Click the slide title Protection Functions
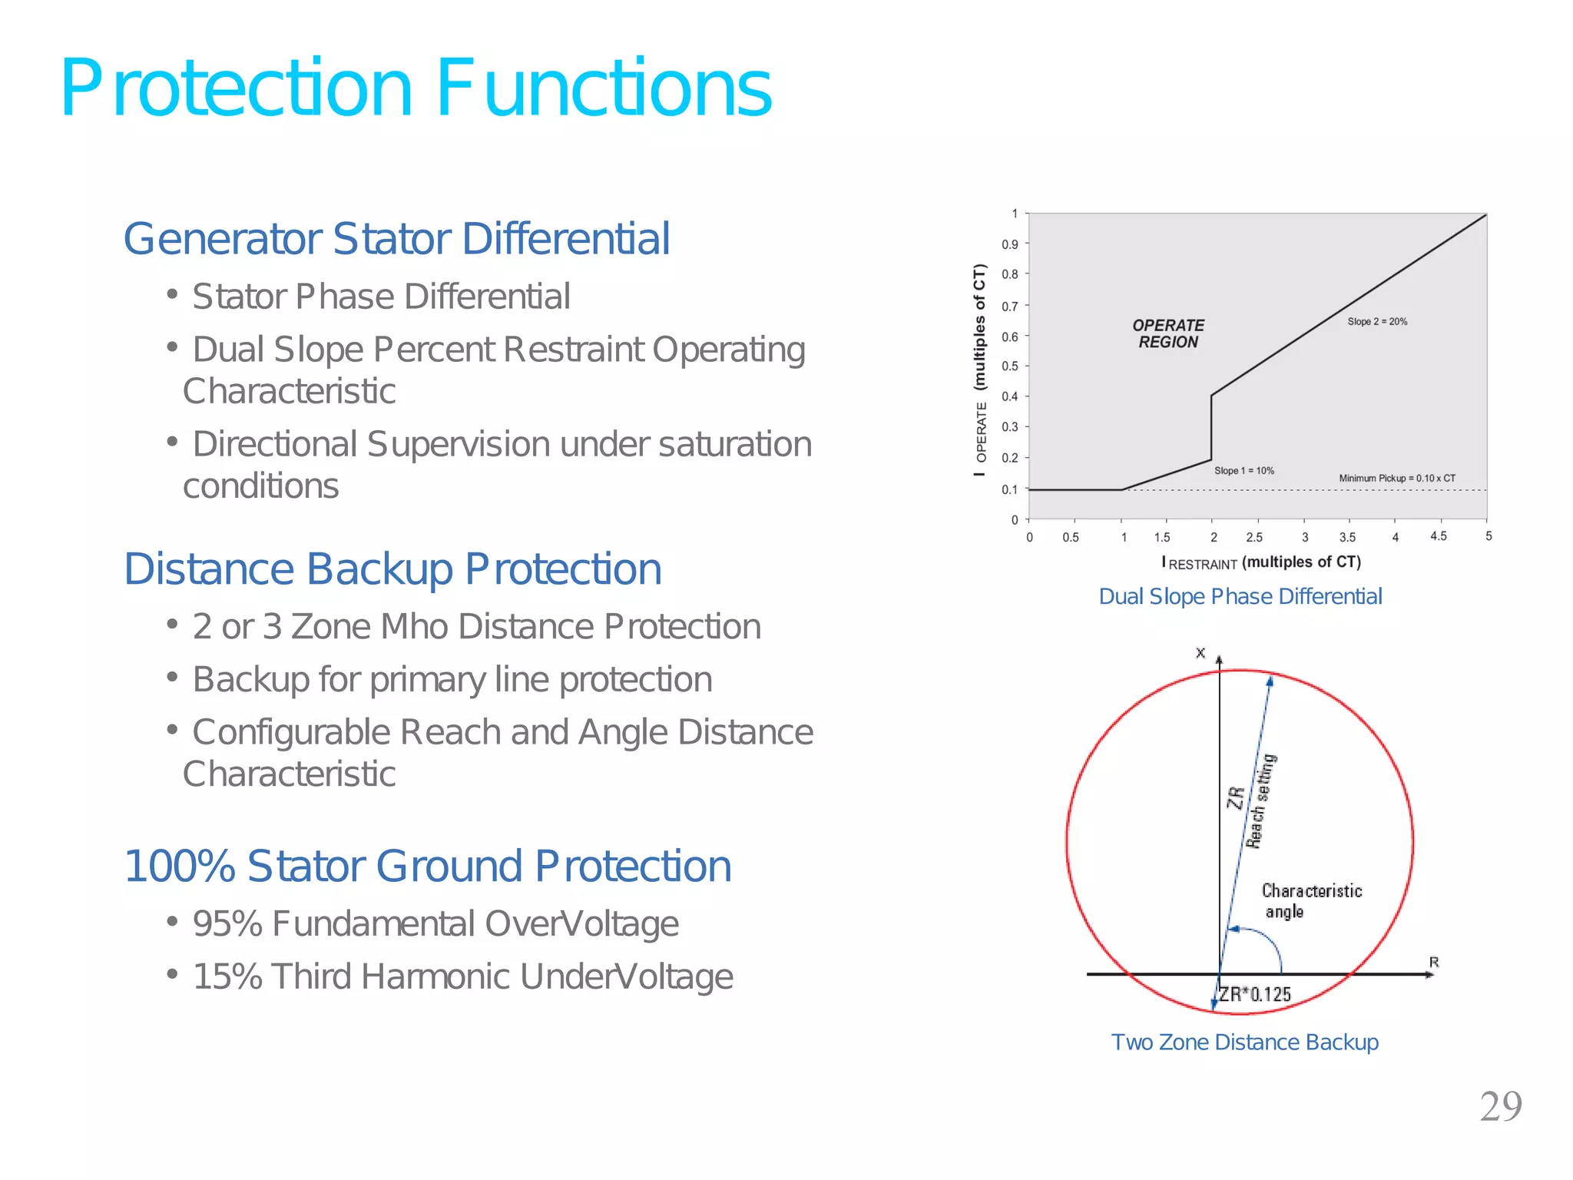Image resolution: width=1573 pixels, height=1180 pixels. (x=416, y=89)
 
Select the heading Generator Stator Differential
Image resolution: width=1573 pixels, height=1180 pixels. (x=396, y=239)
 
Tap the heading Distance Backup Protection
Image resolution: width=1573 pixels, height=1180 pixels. (x=392, y=569)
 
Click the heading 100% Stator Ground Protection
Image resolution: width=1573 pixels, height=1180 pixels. (x=427, y=867)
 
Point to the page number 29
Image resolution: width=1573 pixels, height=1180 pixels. (x=1500, y=1107)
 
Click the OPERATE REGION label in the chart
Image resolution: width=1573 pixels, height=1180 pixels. (x=1168, y=334)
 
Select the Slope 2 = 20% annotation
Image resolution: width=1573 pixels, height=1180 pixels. (x=1377, y=322)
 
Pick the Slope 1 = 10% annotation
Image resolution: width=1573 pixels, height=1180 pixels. (x=1243, y=471)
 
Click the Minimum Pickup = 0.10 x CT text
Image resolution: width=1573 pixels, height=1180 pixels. (x=1396, y=479)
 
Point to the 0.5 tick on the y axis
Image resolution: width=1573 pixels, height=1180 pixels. (x=1009, y=366)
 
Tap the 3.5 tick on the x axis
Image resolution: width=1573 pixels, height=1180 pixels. (x=1347, y=538)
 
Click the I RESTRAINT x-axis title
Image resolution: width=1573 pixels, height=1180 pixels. (x=1260, y=562)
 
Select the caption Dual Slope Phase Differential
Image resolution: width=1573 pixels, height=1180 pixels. (x=1240, y=597)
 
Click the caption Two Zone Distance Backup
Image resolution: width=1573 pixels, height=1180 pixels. (x=1244, y=1042)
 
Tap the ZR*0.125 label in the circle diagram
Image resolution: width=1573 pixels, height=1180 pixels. (x=1255, y=995)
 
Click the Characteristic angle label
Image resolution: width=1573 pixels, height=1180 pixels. (x=1310, y=901)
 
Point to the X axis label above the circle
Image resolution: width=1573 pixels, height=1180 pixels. (x=1200, y=653)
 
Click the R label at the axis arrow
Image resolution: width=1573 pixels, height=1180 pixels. (x=1433, y=962)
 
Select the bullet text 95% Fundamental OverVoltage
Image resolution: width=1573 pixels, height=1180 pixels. (x=435, y=924)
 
